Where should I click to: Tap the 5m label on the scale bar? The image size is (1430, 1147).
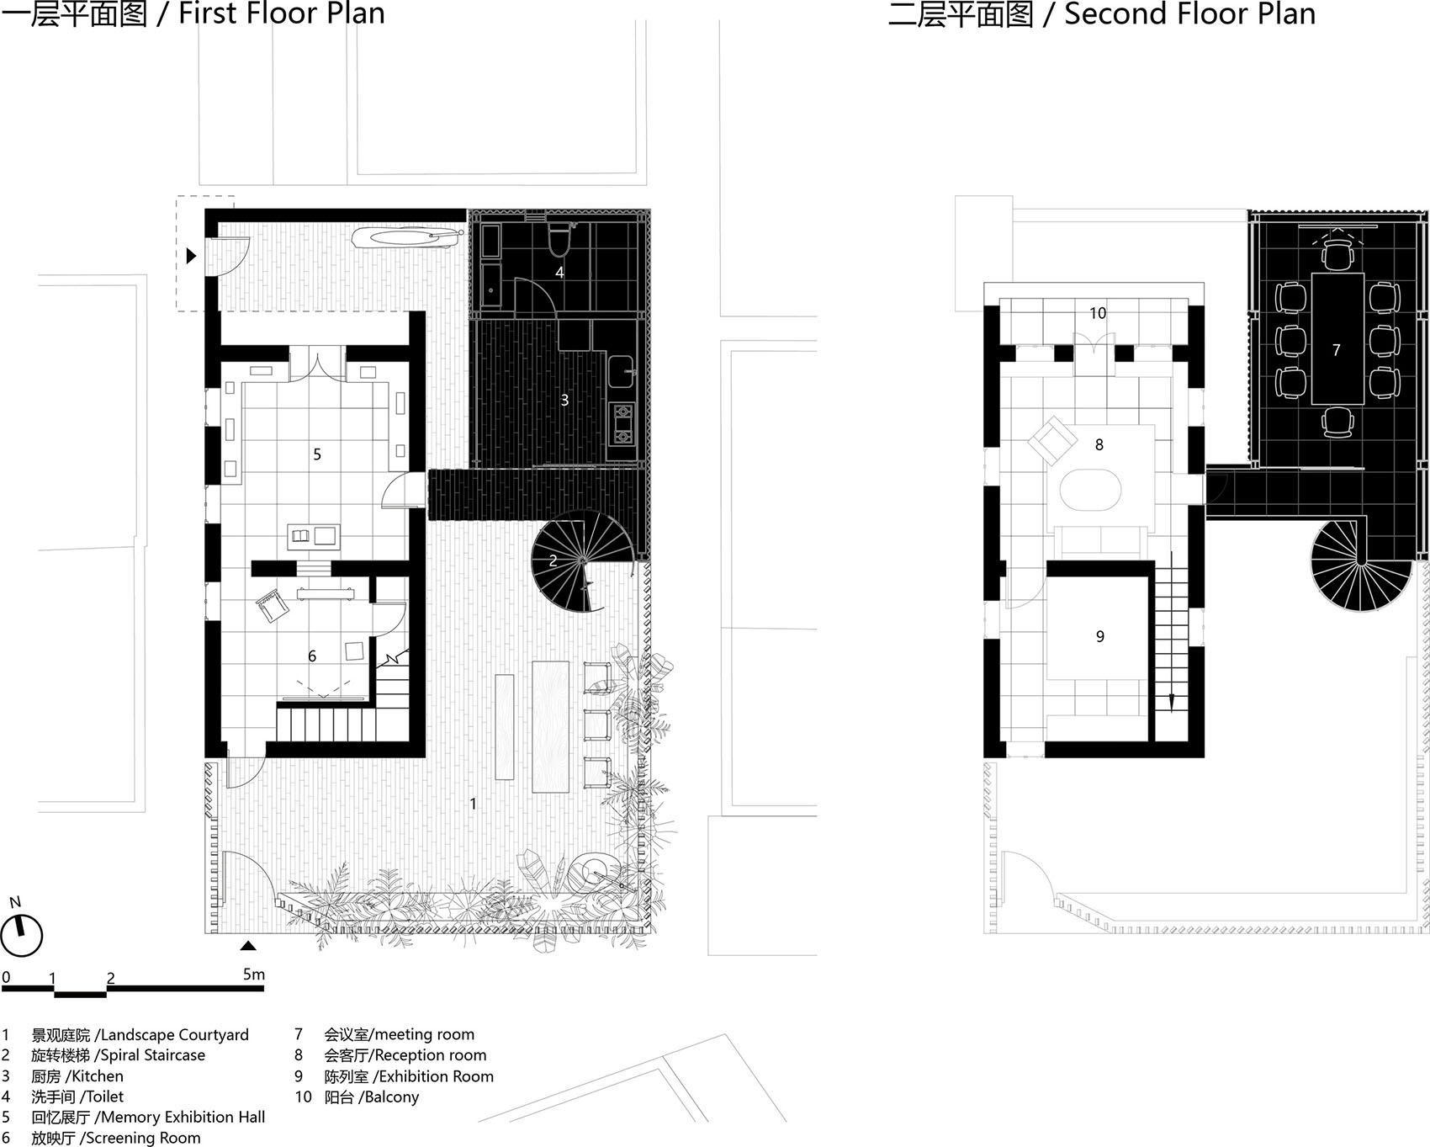253,974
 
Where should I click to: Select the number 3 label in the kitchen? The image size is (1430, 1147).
564,401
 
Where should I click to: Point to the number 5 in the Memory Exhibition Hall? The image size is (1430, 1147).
317,454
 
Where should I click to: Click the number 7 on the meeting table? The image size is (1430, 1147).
1336,349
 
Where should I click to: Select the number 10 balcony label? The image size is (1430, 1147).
1098,313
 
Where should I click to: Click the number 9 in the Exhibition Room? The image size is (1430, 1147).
1099,636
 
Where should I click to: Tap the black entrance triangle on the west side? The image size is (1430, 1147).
191,255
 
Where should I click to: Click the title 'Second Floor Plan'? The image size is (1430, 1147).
1189,14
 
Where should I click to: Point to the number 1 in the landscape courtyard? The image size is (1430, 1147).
473,804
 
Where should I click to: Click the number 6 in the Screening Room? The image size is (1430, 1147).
312,656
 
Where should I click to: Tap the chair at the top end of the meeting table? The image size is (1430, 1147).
1336,252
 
